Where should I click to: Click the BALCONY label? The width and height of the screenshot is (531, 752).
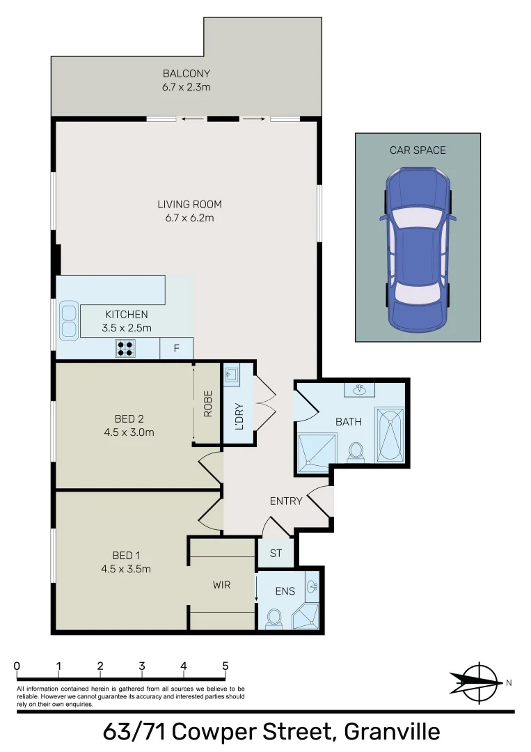(x=186, y=73)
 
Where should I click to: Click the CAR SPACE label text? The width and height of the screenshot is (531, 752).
(x=418, y=150)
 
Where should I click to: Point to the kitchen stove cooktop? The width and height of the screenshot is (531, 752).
(x=125, y=348)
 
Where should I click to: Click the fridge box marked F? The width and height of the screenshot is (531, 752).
(x=176, y=348)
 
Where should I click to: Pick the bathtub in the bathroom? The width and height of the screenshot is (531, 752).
(x=389, y=434)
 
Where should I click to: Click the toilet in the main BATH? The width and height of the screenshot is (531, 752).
(x=356, y=451)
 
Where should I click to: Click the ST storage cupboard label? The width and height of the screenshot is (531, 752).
(x=276, y=554)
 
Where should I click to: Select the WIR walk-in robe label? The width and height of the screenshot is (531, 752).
(x=221, y=585)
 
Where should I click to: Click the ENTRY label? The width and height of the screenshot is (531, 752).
(x=286, y=501)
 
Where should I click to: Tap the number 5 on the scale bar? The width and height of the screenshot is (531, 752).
(x=225, y=666)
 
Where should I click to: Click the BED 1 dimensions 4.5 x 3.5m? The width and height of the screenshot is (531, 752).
(x=127, y=569)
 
